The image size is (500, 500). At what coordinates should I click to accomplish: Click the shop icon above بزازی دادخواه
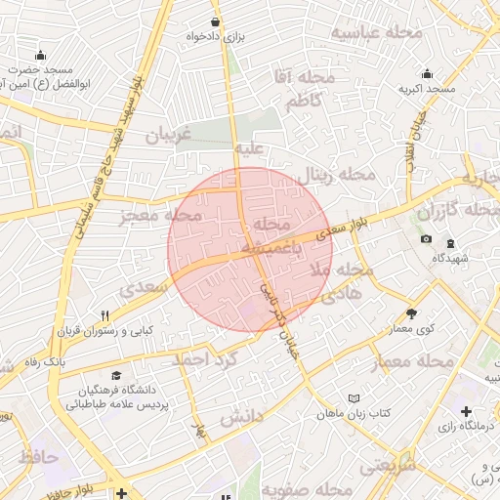216,21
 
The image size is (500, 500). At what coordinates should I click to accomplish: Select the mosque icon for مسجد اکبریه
427,74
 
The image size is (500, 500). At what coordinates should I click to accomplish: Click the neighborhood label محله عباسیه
376,33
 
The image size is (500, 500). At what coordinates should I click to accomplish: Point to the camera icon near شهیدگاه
426,239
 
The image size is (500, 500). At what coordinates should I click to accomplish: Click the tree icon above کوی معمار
411,313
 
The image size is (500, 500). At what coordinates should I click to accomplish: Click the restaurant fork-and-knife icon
105,315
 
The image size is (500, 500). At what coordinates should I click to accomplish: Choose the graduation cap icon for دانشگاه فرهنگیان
117,375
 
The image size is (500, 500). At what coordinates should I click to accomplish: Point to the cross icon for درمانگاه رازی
467,412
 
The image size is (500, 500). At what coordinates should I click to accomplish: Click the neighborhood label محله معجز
161,216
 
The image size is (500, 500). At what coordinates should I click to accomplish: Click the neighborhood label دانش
242,418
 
